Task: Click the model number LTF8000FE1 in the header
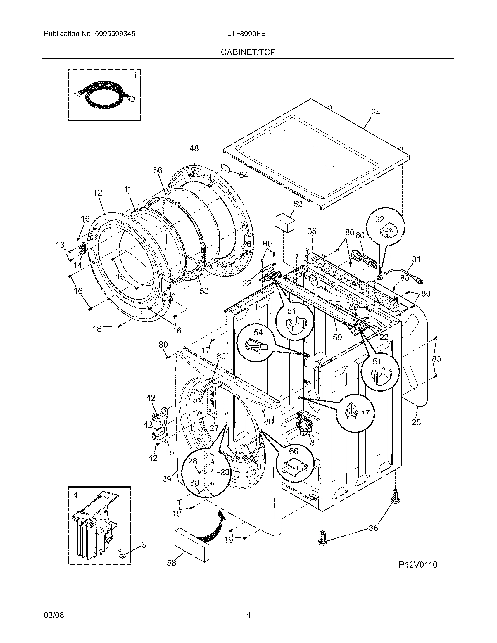pyautogui.click(x=248, y=34)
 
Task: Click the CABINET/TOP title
pyautogui.click(x=248, y=52)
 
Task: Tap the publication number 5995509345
pyautogui.click(x=115, y=34)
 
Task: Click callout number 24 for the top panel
pyautogui.click(x=375, y=112)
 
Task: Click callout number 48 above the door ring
pyautogui.click(x=194, y=148)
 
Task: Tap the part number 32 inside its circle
pyautogui.click(x=379, y=219)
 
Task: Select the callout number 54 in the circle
pyautogui.click(x=258, y=332)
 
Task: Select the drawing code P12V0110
pyautogui.click(x=418, y=564)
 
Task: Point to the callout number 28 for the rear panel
pyautogui.click(x=416, y=422)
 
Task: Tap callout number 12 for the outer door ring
pyautogui.click(x=98, y=193)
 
